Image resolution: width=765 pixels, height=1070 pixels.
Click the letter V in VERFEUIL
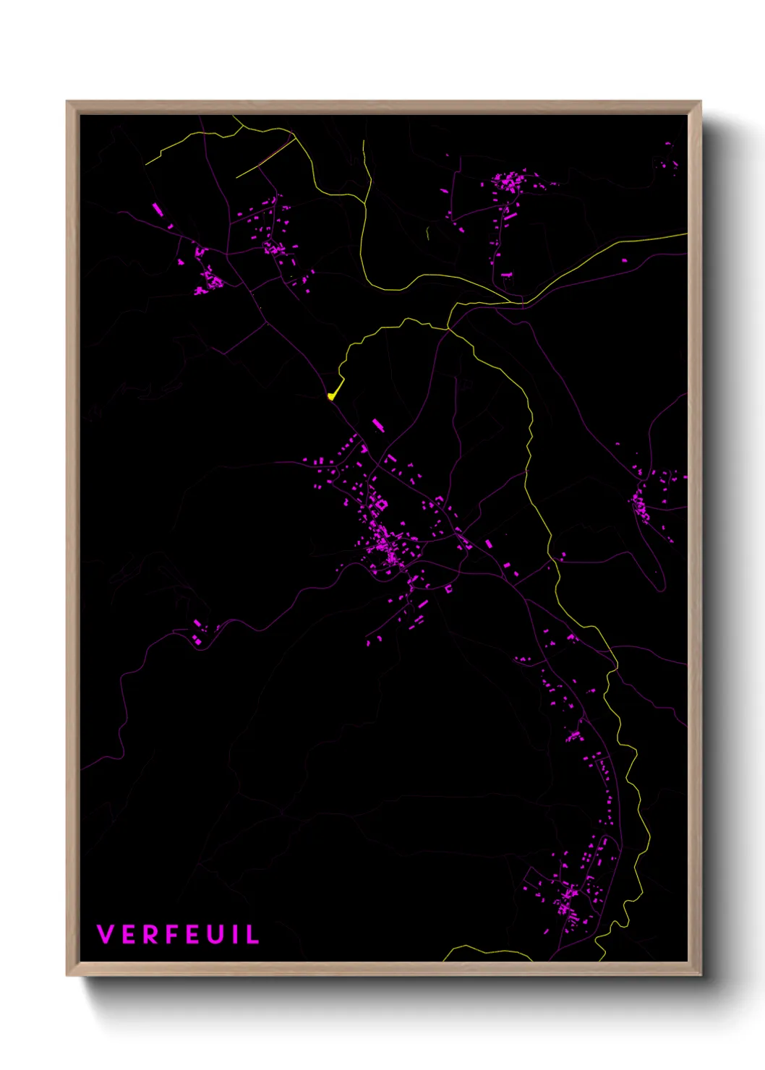(x=106, y=934)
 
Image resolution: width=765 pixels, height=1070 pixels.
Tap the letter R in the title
(x=148, y=934)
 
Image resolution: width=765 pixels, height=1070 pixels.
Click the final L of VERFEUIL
(x=252, y=934)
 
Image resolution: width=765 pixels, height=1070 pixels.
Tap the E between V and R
(x=127, y=934)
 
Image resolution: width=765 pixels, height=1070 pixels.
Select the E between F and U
(x=191, y=934)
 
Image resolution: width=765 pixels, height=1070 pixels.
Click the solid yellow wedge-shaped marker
(x=332, y=395)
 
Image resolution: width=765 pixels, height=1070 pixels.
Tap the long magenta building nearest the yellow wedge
(x=377, y=424)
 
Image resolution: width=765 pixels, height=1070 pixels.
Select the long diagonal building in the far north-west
(x=158, y=210)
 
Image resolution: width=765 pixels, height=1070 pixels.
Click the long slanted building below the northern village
(x=510, y=215)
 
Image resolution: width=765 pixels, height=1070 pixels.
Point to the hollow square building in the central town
(x=381, y=504)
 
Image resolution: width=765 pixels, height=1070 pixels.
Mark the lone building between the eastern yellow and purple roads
(x=562, y=556)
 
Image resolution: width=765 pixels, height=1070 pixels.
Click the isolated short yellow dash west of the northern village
(x=428, y=234)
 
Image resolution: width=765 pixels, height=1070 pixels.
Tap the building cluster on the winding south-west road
(x=198, y=633)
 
